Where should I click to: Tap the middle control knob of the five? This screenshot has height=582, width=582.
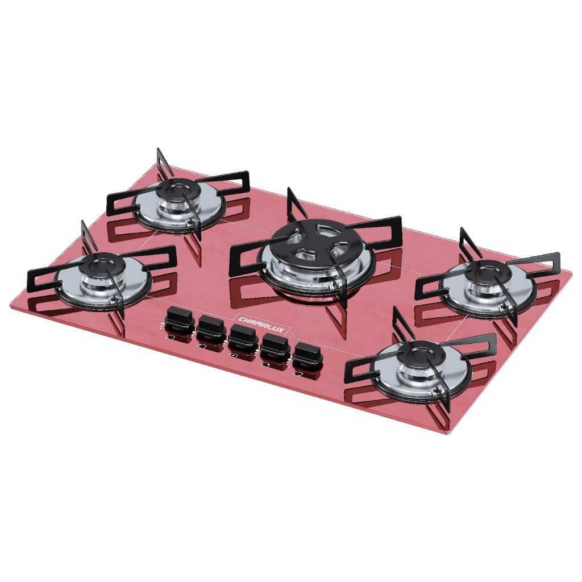pyautogui.click(x=243, y=335)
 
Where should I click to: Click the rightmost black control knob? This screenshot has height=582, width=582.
pyautogui.click(x=307, y=353)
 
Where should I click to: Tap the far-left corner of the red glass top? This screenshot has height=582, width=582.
pyautogui.click(x=11, y=305)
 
